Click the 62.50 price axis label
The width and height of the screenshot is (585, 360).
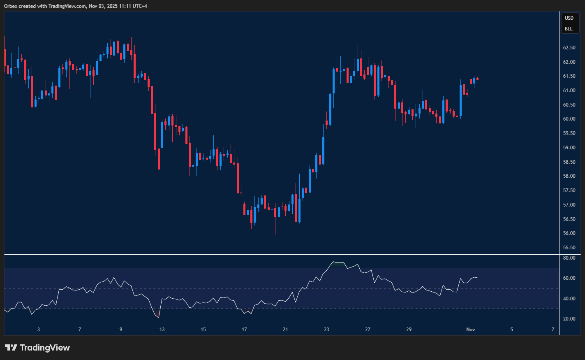click(x=569, y=48)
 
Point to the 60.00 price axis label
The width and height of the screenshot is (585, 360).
click(x=569, y=119)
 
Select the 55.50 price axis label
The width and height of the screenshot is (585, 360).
click(x=569, y=248)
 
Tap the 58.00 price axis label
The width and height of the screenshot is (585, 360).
click(x=569, y=176)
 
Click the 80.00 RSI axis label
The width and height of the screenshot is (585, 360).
click(x=569, y=258)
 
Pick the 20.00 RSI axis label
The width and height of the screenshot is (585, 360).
click(x=569, y=319)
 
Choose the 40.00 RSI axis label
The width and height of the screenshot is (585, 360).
click(x=569, y=299)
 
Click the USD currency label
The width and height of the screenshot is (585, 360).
click(x=569, y=18)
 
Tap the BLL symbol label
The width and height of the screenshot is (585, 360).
click(x=569, y=29)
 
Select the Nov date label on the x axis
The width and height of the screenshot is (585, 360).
click(x=471, y=330)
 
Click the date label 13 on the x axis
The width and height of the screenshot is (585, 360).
click(x=162, y=330)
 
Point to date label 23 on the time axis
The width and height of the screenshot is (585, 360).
click(x=326, y=330)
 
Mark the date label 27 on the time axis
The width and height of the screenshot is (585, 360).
click(x=368, y=330)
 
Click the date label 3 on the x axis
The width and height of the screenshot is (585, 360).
click(x=39, y=330)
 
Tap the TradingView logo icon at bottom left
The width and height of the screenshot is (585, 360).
click(x=11, y=348)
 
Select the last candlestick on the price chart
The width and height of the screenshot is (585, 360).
click(x=477, y=79)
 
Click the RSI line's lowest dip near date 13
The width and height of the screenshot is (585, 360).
click(x=158, y=317)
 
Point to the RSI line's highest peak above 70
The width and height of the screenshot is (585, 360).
click(x=333, y=262)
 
